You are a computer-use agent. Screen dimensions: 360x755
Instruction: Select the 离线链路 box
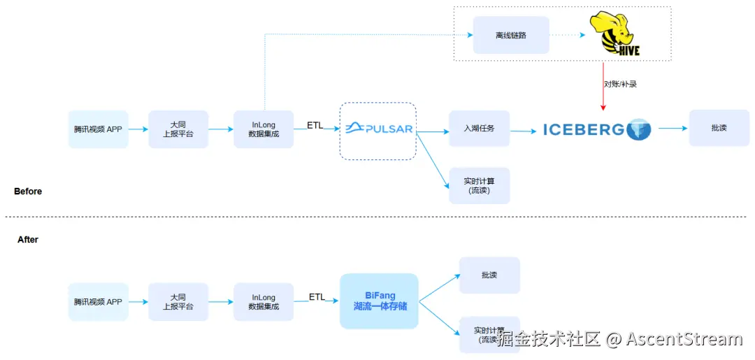click(x=510, y=34)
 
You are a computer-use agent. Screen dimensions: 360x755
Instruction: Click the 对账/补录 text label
click(x=620, y=84)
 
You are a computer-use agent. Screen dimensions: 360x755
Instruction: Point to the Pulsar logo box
click(x=378, y=129)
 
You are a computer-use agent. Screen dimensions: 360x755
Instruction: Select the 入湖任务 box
click(x=479, y=129)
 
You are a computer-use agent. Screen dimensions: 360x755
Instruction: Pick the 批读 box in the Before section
click(x=719, y=129)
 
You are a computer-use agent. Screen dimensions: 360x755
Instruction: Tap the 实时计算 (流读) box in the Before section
click(x=479, y=185)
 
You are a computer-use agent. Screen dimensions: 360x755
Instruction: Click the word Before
click(x=28, y=192)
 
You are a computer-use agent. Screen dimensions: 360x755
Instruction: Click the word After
click(x=28, y=240)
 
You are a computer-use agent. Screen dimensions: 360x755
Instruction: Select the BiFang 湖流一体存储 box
click(x=379, y=301)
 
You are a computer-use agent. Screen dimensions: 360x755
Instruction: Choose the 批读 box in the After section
click(x=489, y=275)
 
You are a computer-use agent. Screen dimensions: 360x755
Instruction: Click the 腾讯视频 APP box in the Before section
click(x=98, y=129)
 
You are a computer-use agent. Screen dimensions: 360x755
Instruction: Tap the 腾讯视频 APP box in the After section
click(x=98, y=302)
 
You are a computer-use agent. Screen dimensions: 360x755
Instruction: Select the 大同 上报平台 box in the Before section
click(x=178, y=129)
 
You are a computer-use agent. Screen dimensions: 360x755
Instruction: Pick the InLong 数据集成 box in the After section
click(x=264, y=302)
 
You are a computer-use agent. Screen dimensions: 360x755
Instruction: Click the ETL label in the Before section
click(x=315, y=125)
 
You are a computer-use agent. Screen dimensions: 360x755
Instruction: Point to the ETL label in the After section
click(x=317, y=297)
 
